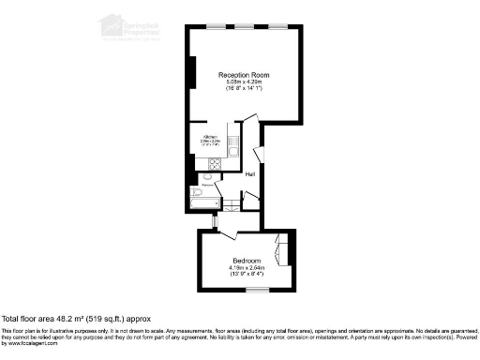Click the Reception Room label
click(244, 74)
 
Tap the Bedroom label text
click(247, 260)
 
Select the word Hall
click(250, 174)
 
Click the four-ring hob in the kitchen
click(213, 164)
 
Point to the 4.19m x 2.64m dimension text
click(247, 268)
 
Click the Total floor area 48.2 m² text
click(76, 319)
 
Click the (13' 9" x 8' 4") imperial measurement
click(247, 276)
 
